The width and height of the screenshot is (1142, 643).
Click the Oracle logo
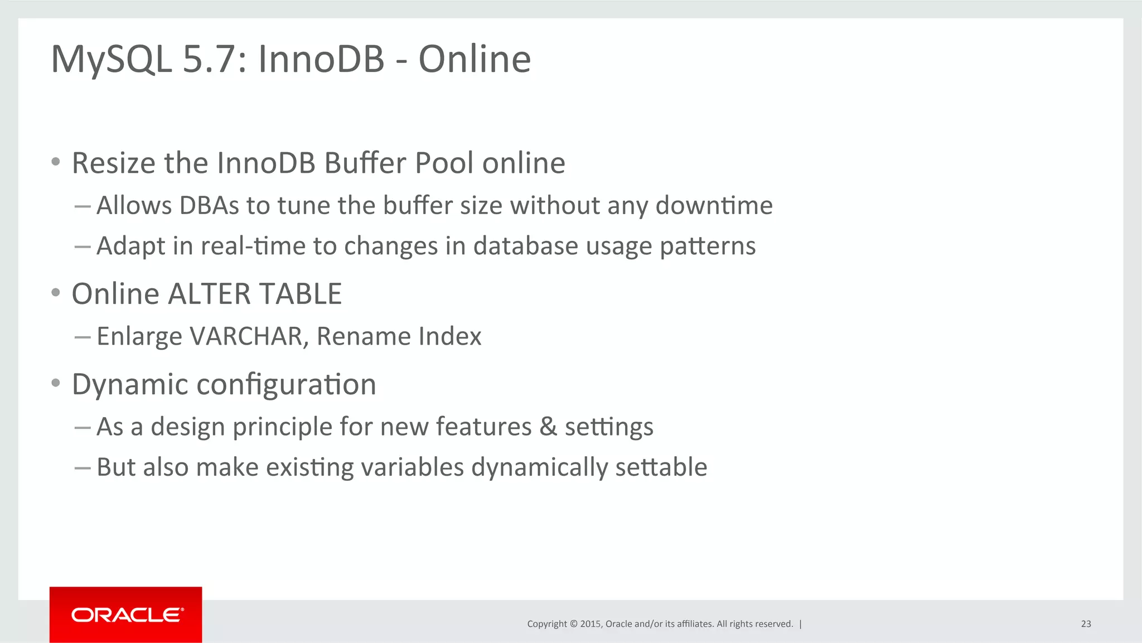point(126,615)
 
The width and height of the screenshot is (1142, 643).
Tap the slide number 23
point(1086,623)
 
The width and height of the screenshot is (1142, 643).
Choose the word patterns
point(708,246)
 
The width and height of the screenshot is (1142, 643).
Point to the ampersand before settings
point(548,427)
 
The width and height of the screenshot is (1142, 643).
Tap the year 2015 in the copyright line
point(590,623)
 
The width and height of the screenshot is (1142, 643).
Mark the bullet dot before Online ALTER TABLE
point(55,292)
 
